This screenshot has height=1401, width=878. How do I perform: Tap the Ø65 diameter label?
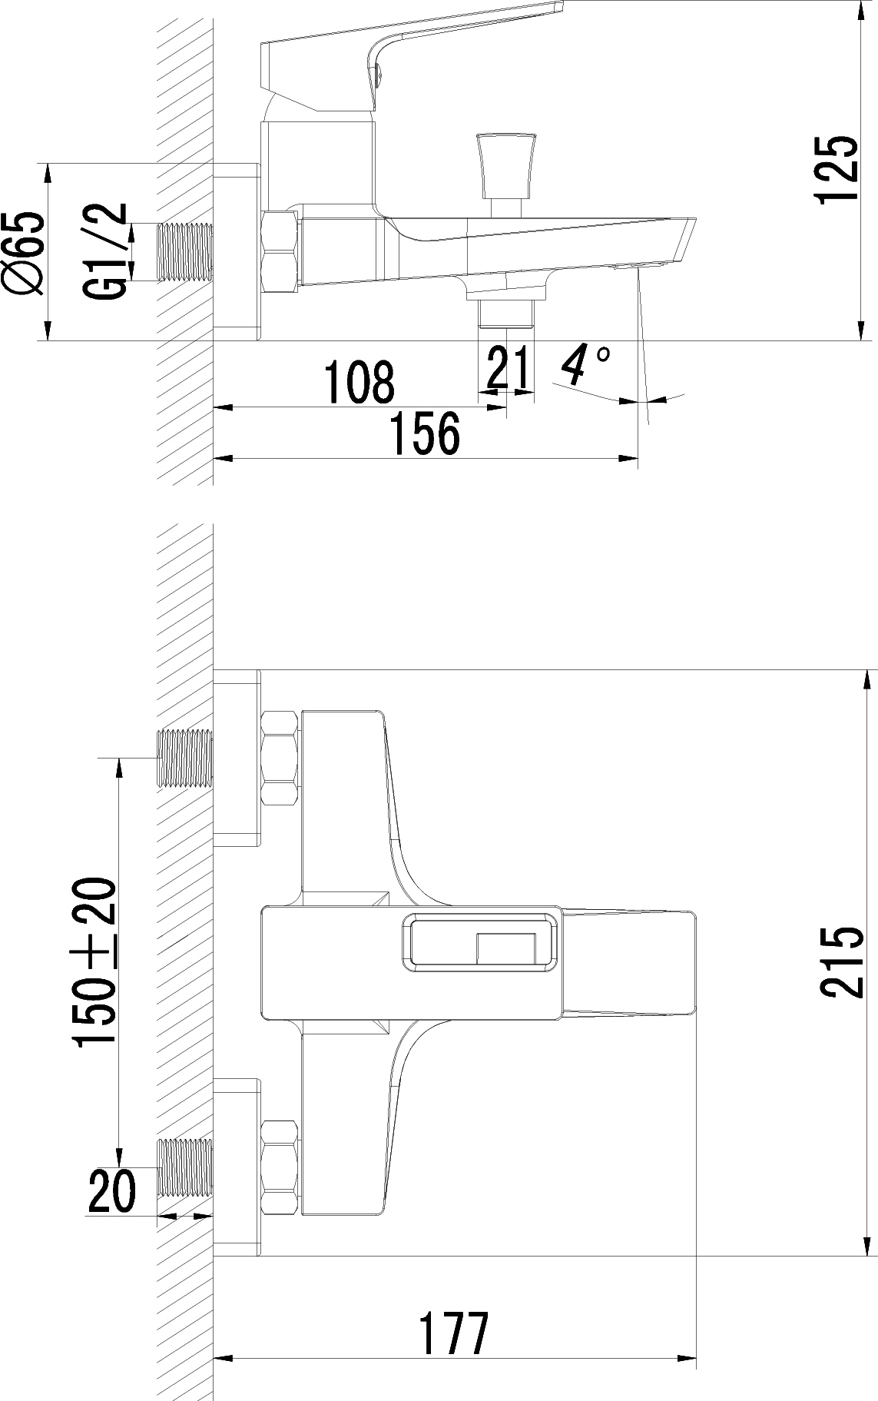24,252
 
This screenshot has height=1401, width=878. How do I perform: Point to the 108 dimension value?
359,382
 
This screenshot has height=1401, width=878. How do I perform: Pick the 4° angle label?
585,366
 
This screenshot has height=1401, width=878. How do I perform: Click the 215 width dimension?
836,962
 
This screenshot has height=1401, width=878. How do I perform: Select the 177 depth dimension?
453,1334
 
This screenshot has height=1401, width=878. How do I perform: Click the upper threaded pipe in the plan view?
184,759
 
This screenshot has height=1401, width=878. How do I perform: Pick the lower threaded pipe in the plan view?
184,1168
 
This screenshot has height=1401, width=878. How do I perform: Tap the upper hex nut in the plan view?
280,758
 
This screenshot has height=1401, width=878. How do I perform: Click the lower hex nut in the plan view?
280,1167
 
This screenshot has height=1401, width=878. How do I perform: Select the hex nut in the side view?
280,252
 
